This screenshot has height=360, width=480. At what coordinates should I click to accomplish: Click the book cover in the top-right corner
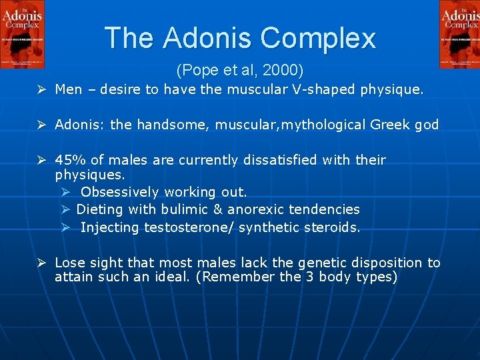pos(459,34)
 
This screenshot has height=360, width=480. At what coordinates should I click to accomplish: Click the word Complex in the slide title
pos(319,38)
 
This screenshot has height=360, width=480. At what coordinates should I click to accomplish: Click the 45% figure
pos(68,160)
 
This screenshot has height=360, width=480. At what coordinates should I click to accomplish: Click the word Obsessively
pos(119,192)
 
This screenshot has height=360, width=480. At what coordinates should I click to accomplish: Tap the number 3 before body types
pos(312,277)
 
